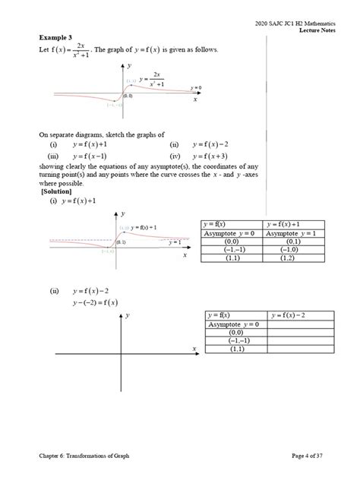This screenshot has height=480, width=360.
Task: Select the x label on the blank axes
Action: pos(194,348)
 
